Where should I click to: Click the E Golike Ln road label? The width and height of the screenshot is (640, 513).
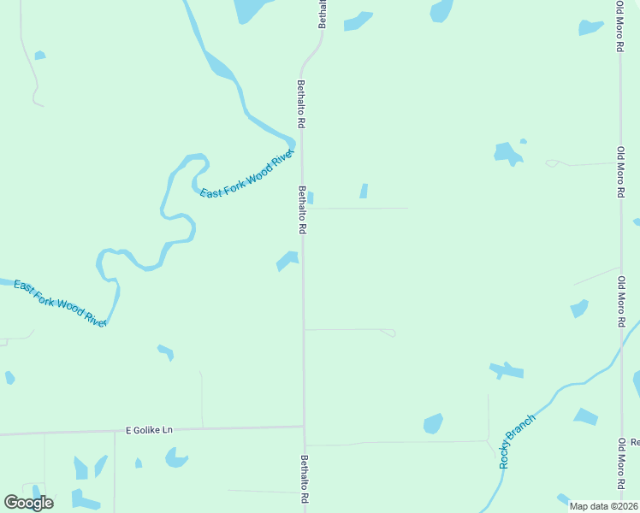(x=149, y=429)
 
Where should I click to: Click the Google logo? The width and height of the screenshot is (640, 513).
(x=28, y=502)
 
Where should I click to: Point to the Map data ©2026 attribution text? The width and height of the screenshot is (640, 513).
(x=603, y=506)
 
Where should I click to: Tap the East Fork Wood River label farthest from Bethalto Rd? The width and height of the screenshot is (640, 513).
(x=60, y=303)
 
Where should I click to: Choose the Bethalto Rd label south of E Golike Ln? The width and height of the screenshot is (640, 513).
(x=304, y=479)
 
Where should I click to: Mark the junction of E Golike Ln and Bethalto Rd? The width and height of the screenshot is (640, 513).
(x=304, y=427)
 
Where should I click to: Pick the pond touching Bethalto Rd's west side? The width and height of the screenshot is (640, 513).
(x=288, y=260)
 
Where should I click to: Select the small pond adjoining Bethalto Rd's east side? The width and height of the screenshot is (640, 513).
(x=310, y=198)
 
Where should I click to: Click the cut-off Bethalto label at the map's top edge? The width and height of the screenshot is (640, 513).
(x=323, y=15)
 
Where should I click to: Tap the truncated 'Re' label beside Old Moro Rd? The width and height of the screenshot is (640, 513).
(x=635, y=442)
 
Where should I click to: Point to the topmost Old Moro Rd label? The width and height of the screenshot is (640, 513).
(x=619, y=27)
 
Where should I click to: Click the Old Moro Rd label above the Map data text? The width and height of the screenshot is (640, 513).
(x=621, y=467)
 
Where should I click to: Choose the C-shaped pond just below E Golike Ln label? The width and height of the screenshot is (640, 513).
(x=176, y=459)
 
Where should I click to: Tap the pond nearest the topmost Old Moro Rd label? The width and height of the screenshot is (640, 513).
(x=590, y=27)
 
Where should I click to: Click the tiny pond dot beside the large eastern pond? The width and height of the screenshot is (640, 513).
(x=523, y=141)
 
